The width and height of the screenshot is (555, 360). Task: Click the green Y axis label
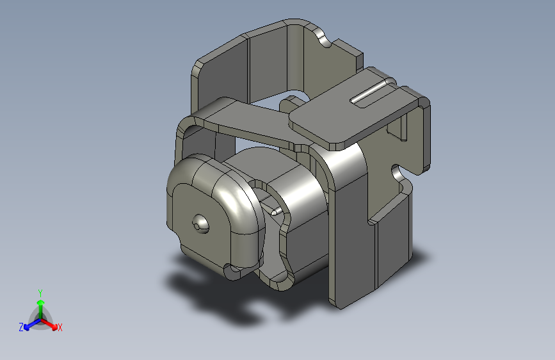coord(40,293)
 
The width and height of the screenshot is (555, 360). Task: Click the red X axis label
coord(60,327)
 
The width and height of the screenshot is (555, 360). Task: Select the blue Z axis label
coord(21,327)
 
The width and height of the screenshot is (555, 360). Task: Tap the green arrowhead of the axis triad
coord(41,302)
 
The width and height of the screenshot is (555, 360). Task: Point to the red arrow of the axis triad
coord(49,324)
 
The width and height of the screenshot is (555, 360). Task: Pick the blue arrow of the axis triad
coord(32,324)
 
